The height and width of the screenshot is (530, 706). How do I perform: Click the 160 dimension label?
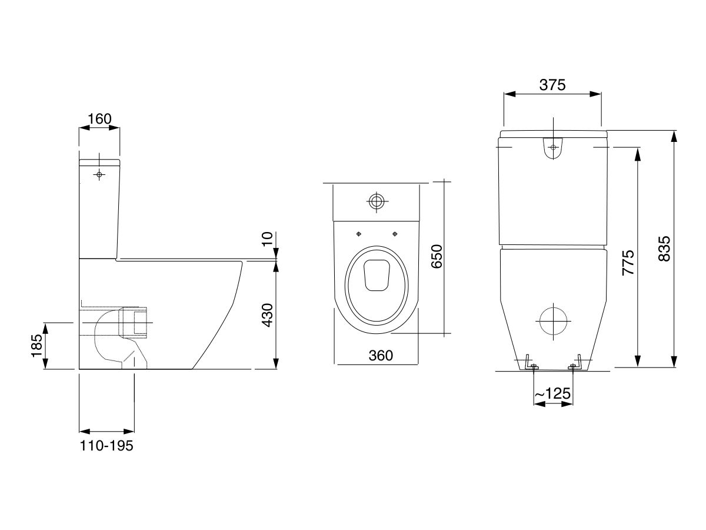tap(99, 119)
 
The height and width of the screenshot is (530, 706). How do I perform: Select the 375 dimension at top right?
tap(552, 85)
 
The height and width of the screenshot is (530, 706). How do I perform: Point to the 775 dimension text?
tap(628, 263)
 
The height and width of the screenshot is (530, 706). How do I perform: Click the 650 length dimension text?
tap(437, 257)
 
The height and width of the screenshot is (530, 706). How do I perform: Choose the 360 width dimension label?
tap(377, 355)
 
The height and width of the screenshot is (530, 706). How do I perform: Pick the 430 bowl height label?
tap(267, 315)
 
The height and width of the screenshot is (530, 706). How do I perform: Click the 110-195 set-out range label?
tap(106, 446)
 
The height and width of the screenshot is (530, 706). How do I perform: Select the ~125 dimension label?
tap(552, 393)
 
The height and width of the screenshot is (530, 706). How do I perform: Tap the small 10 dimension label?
tap(268, 239)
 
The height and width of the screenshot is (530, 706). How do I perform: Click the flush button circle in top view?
tap(377, 201)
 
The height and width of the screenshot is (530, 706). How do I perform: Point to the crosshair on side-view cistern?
tap(99, 175)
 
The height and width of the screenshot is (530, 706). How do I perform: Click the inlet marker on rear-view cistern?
tap(552, 147)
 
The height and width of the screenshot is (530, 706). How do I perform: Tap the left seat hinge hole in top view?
tap(358, 234)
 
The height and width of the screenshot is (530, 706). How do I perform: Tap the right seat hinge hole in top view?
tap(395, 234)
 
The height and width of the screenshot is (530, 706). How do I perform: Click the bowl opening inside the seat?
tap(377, 276)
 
